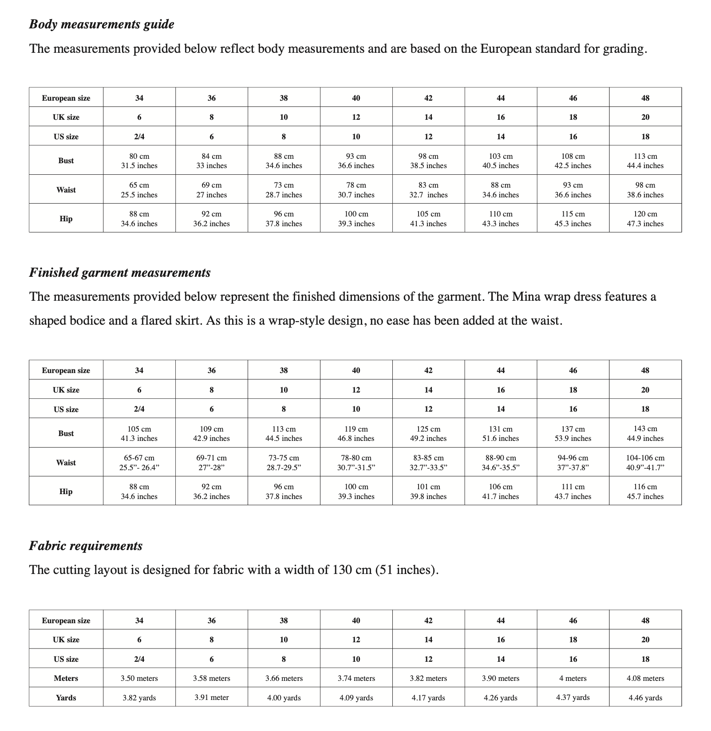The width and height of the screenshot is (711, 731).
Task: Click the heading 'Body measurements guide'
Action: coord(102,24)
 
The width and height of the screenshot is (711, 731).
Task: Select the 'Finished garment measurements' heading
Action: coord(120,272)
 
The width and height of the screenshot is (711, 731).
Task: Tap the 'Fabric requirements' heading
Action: coord(86,546)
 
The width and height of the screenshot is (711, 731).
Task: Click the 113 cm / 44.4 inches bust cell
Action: coord(645,161)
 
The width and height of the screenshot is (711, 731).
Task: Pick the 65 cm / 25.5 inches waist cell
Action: coord(139,190)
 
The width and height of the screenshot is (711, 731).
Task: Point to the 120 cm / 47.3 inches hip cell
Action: coord(645,219)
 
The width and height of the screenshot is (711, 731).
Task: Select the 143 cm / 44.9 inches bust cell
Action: coord(645,433)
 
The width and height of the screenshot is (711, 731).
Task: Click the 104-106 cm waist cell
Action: coord(645,462)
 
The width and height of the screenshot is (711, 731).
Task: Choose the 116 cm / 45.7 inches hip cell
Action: coord(645,491)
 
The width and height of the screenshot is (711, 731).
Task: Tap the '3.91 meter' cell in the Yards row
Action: coord(212,697)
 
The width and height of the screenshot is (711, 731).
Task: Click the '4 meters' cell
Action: coord(573,678)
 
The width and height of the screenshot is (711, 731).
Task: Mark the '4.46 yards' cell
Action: coord(645,698)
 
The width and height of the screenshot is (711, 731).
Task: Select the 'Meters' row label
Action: coord(66,678)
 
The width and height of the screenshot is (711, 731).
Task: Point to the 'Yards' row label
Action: coord(66,698)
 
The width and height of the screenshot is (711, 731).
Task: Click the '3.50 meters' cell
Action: coord(139,678)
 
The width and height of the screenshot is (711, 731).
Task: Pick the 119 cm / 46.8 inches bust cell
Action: coord(356,433)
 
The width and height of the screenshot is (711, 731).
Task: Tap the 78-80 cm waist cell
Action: coord(356,462)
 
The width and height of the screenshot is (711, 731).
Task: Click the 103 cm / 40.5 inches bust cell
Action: coord(501,161)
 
